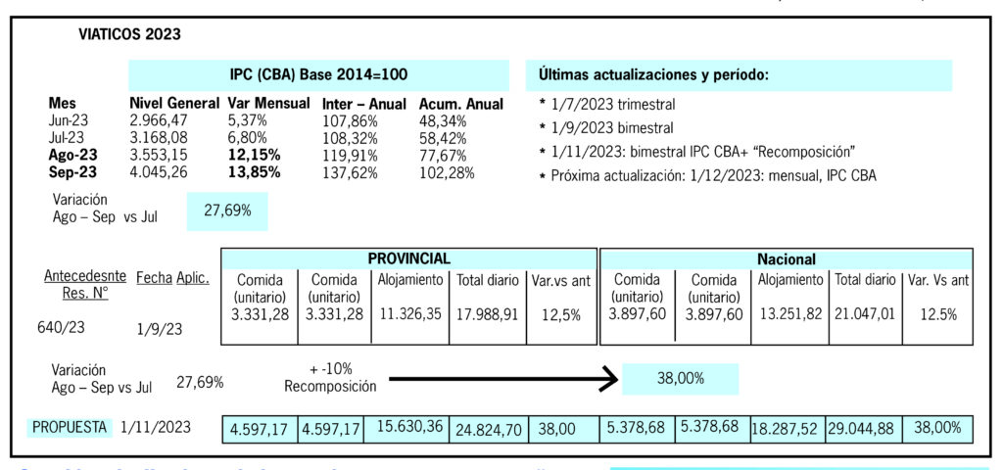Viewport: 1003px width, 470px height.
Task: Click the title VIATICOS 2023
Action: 129,35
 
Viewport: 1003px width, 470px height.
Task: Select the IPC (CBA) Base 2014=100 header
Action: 318,74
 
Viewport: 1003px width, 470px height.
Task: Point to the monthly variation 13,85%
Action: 254,173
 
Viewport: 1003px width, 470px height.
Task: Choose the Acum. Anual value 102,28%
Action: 448,173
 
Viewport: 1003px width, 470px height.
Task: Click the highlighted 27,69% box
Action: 227,211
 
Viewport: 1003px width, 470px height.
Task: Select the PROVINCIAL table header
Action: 408,258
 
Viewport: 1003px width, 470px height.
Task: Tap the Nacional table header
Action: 787,259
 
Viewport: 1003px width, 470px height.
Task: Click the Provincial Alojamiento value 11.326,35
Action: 409,313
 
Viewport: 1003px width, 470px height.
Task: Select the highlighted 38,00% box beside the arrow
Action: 680,379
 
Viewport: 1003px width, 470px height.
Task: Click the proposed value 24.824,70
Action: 488,430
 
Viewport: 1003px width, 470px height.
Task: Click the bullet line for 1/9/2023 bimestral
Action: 606,128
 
